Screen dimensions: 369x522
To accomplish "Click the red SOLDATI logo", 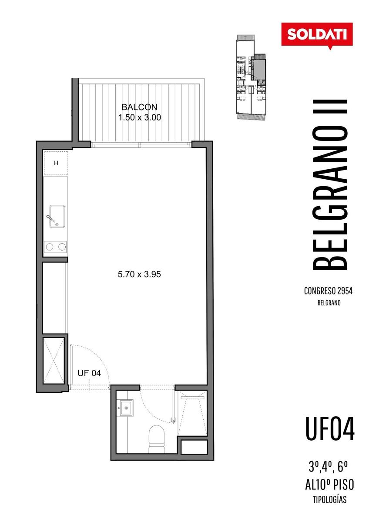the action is [317, 35].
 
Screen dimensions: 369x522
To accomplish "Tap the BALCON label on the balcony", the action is [139, 107].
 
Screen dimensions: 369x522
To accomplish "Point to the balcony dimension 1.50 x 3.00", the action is [139, 117].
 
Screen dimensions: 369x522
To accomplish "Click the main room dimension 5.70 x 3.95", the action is [139, 274].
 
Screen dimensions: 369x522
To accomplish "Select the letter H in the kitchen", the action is [56, 163].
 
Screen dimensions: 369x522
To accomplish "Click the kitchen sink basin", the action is [57, 216].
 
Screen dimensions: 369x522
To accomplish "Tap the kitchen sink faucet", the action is [51, 218].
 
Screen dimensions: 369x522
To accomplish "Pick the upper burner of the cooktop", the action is [50, 247].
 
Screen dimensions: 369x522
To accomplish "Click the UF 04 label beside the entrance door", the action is [89, 373].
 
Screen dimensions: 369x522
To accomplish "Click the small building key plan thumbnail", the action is [251, 77].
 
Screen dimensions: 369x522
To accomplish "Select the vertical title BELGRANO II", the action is [329, 185].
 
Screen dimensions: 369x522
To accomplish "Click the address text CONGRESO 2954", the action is [328, 291].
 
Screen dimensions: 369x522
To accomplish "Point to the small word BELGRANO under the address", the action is [329, 303].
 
